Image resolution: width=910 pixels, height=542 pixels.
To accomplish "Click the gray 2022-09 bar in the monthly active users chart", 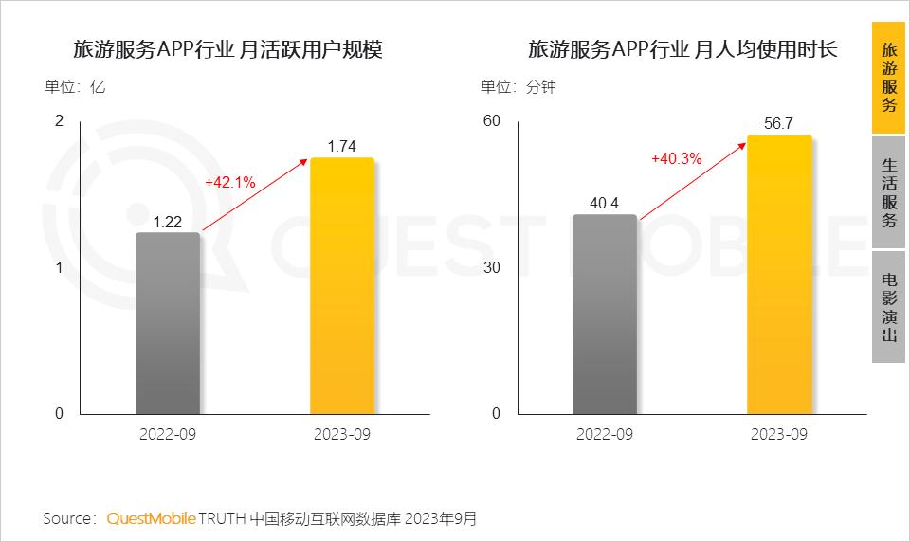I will coord(168,323).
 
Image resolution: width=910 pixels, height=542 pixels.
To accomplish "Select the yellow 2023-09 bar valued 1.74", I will coord(342,285).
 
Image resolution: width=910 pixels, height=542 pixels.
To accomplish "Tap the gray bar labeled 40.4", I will coord(605,314).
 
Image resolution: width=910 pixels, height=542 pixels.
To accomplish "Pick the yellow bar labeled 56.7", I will coord(779,275).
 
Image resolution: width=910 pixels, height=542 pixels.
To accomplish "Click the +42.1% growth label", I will coord(229,182).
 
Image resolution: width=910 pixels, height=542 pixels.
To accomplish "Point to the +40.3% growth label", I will coord(676,159).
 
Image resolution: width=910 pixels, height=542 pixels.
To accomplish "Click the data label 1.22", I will coord(168,221).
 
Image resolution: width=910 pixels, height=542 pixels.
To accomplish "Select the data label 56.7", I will coord(779,123).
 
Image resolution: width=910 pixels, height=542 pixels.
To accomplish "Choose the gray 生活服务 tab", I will coord(888,192).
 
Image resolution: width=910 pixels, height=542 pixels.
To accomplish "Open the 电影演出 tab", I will coord(888,307).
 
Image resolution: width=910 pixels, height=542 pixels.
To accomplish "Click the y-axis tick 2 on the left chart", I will coord(59,121).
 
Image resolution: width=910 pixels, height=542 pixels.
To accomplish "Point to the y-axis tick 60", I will coord(491,121).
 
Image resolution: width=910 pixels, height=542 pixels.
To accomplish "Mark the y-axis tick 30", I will coord(491,267).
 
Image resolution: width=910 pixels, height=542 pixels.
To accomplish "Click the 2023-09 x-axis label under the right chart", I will coord(779,434).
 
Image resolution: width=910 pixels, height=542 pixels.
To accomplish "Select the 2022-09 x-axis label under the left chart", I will coord(168,434).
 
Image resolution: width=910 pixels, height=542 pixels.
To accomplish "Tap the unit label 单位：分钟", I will coord(519,87).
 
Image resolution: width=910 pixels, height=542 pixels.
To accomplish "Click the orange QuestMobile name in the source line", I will coord(151,518).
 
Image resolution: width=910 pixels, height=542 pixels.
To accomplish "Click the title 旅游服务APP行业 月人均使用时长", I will coord(682,50).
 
